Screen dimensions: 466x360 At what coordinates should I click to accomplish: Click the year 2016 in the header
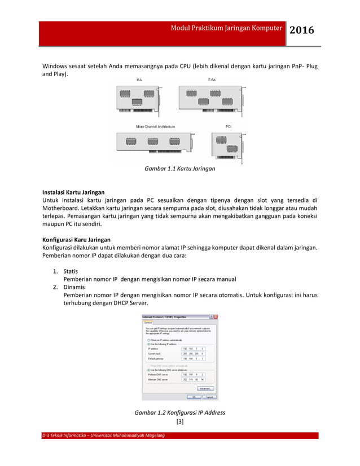[301, 30]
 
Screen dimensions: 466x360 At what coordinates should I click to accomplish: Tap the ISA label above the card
[139, 80]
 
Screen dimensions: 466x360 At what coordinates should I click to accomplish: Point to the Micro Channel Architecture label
[155, 126]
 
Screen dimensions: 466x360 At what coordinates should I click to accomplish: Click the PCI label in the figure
[228, 126]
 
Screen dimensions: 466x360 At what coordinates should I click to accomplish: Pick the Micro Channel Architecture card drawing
[155, 143]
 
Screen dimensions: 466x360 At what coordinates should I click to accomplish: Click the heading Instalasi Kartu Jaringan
[73, 192]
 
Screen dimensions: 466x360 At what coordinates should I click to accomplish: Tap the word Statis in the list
[71, 271]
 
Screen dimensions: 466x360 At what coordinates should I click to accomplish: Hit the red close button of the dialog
[214, 317]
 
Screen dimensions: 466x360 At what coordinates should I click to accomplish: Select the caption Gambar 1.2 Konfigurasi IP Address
[179, 412]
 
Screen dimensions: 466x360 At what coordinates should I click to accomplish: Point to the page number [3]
[179, 421]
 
